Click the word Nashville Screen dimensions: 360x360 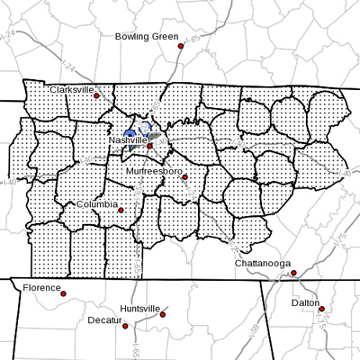129,140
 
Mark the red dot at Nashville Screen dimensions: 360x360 151,145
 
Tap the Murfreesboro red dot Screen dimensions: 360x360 184,176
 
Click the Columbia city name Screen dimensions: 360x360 96,204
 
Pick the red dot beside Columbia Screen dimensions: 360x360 121,209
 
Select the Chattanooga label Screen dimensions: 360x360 263,263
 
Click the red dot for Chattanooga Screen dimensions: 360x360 294,272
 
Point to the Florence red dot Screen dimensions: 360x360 63,292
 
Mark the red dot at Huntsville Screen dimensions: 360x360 164,313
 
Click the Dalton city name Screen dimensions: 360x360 305,303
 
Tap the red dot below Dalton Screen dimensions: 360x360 322,310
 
